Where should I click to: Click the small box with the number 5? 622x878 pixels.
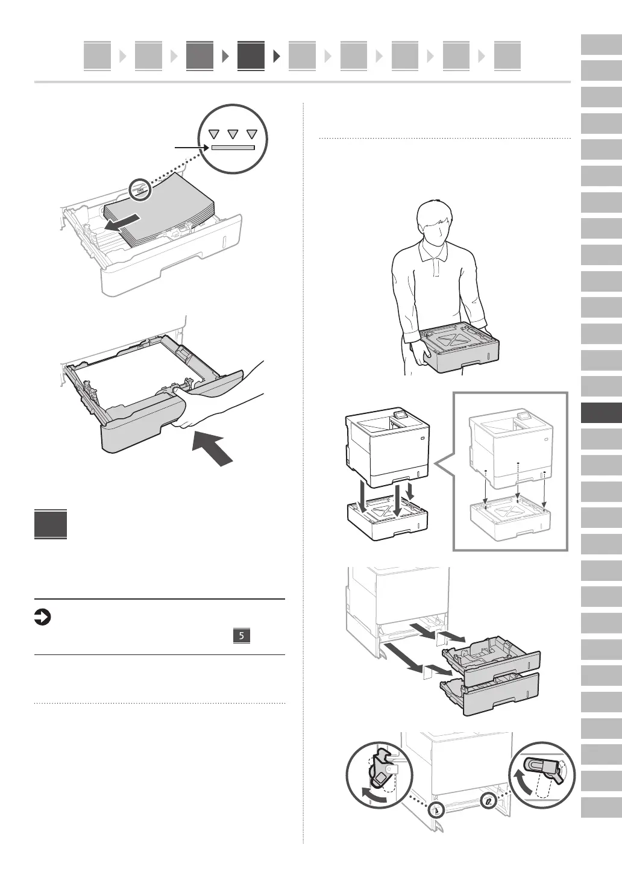tap(241, 636)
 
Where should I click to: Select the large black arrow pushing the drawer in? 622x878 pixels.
tap(212, 449)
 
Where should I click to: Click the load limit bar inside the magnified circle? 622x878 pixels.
tap(233, 147)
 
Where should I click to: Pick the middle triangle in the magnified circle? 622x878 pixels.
tap(233, 134)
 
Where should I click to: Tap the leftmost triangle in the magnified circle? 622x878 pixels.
tap(213, 134)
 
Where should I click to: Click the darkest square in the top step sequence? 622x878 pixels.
tap(251, 56)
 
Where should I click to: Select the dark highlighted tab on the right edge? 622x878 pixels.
tap(601, 413)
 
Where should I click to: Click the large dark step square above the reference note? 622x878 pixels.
tap(51, 524)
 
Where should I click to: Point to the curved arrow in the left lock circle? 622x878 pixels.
tap(372, 795)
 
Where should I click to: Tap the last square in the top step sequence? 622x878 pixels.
tap(507, 56)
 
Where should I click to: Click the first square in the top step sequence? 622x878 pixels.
tap(97, 56)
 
